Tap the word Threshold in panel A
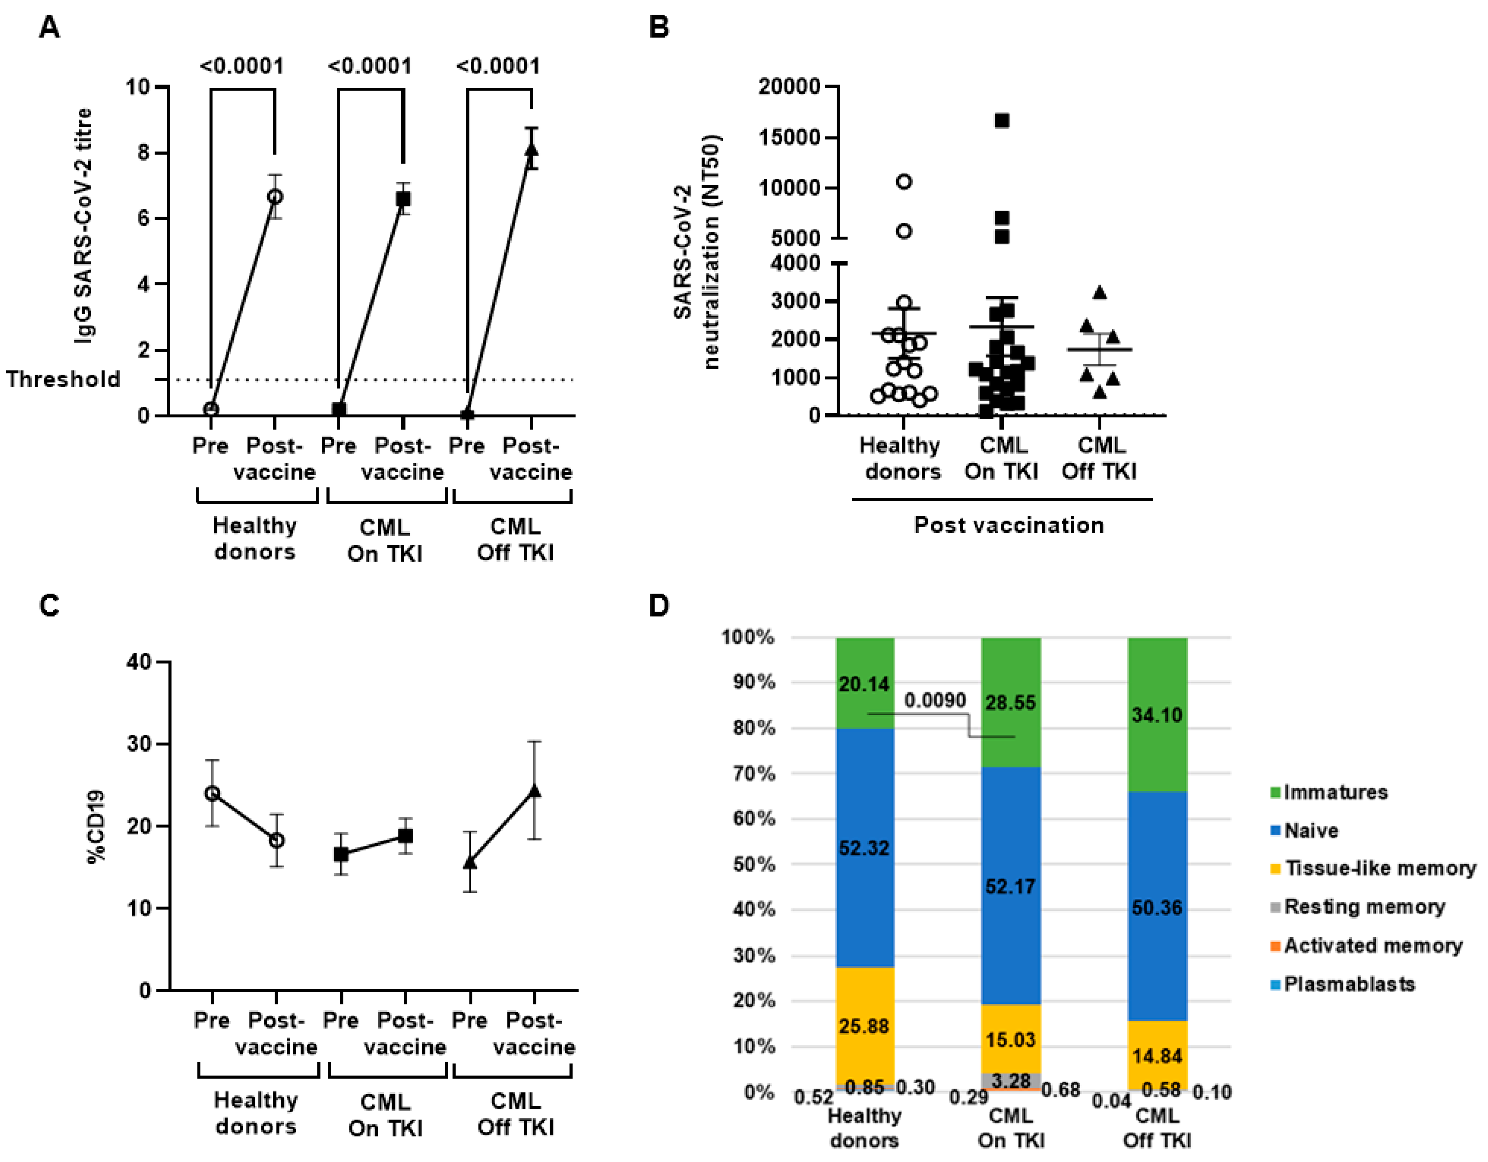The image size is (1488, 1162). (x=63, y=379)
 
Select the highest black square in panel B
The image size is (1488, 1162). (x=1001, y=121)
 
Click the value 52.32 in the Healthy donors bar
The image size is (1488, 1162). (x=864, y=848)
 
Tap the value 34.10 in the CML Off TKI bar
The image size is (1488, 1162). (x=1157, y=715)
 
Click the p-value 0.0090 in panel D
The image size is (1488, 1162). (x=935, y=700)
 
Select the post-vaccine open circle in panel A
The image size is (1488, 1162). (x=275, y=197)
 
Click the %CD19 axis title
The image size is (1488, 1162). (x=97, y=826)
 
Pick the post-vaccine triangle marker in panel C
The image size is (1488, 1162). (x=535, y=791)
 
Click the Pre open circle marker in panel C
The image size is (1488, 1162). (x=213, y=793)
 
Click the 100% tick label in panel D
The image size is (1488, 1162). (x=748, y=637)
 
